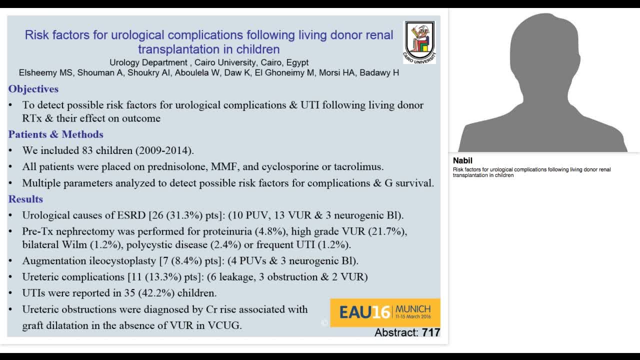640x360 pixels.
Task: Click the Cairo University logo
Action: [419, 41]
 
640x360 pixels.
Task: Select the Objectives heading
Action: [33, 89]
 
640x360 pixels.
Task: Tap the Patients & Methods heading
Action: [56, 134]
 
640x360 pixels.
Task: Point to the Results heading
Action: [25, 199]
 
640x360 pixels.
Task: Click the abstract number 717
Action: [431, 332]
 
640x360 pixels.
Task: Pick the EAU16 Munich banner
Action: [385, 312]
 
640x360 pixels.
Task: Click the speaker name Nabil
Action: [462, 161]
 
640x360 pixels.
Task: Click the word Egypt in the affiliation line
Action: [297, 62]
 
